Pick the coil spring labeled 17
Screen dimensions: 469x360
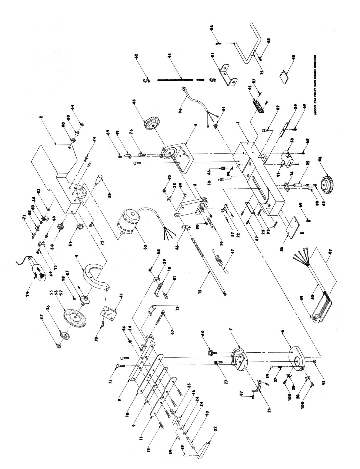tap(218, 260)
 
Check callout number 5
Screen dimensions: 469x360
tap(195, 125)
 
